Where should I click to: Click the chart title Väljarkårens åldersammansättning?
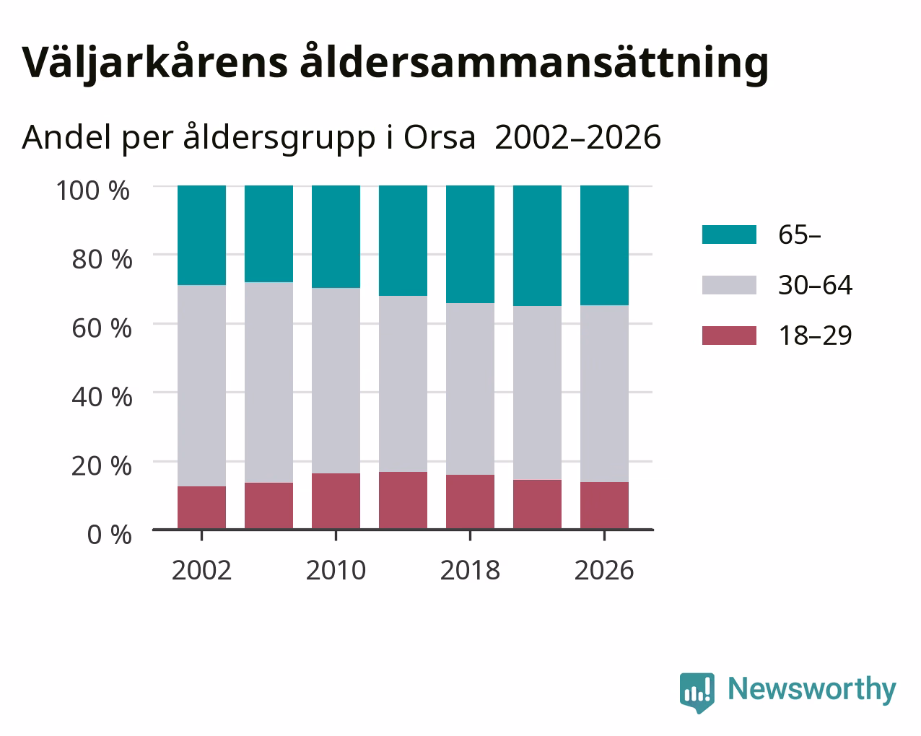click(395, 63)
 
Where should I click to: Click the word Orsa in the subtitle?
click(440, 138)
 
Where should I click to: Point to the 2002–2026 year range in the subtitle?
click(577, 138)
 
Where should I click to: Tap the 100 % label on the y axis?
click(92, 190)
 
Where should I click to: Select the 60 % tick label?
click(102, 328)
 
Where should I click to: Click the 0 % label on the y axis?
click(109, 535)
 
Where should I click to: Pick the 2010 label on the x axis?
click(336, 570)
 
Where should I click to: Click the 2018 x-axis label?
click(470, 570)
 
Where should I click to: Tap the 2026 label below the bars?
click(604, 570)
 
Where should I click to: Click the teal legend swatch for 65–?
click(729, 235)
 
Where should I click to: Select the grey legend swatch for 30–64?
click(729, 285)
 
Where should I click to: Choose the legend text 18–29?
click(816, 336)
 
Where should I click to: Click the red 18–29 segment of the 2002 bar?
click(201, 508)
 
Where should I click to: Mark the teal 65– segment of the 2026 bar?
click(604, 245)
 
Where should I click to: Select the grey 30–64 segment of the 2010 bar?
click(336, 380)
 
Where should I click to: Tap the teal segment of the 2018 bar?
click(470, 245)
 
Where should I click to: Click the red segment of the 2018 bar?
click(470, 502)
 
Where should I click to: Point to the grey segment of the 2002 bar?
click(201, 385)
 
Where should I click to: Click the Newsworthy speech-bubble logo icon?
click(697, 693)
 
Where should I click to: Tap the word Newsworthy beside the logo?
click(812, 690)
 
